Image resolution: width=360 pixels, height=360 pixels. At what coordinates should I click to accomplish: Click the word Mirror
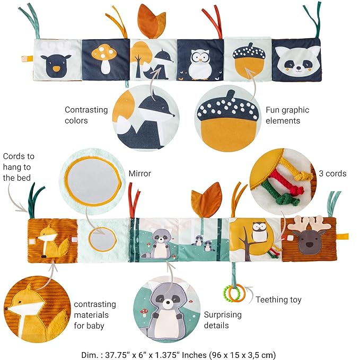(140, 173)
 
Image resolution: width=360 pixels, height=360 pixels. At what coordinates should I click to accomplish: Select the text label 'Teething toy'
(278, 300)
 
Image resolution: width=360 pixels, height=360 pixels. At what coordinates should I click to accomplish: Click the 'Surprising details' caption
(222, 319)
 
